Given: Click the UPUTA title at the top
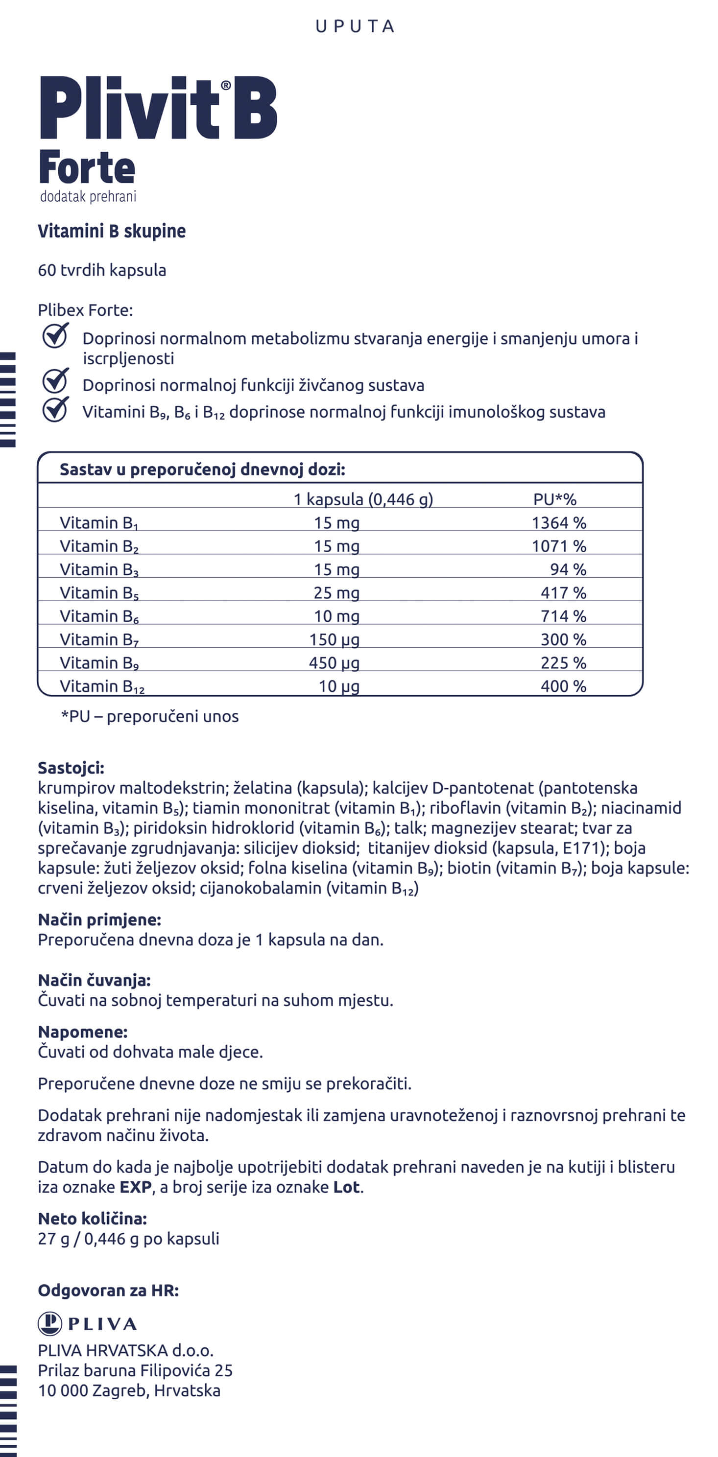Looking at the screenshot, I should click(x=355, y=26).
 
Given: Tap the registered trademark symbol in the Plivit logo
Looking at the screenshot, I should click(x=226, y=85).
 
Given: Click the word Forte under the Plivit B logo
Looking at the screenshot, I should click(x=87, y=168).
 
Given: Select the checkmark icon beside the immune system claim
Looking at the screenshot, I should click(x=55, y=409).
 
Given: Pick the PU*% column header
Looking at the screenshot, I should click(x=554, y=499).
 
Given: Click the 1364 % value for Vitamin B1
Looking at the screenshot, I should click(x=558, y=522).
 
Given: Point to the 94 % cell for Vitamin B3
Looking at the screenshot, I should click(x=568, y=569).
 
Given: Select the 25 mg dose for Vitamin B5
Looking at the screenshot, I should click(x=336, y=593).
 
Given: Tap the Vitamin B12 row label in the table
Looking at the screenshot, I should click(x=102, y=686).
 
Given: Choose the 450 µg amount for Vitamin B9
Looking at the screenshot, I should click(x=334, y=663).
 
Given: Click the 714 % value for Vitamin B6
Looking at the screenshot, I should click(x=563, y=616).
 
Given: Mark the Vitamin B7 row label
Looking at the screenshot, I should click(x=99, y=640).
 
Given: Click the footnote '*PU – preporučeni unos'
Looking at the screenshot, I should click(x=150, y=716).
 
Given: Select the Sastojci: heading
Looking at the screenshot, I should click(x=71, y=768).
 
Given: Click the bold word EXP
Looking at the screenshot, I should click(x=136, y=1187).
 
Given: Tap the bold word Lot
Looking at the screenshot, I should click(x=346, y=1187).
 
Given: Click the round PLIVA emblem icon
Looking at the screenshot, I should click(x=50, y=1324).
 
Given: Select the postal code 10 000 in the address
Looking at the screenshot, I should click(x=62, y=1390).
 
